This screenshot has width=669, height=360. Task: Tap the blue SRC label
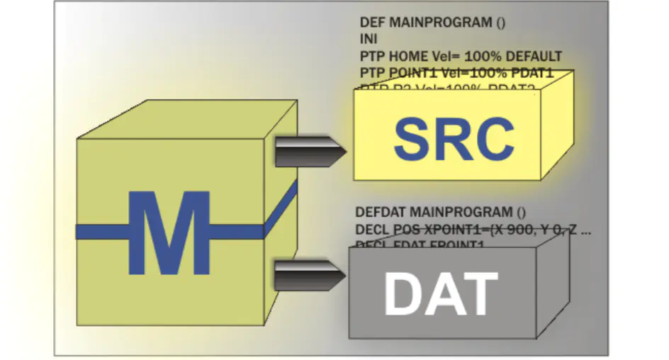point(454,137)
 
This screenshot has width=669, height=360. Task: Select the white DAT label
point(440,293)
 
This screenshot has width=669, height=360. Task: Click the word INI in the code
point(369,39)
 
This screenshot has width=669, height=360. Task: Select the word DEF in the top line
point(372,23)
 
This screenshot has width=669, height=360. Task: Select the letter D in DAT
point(401,293)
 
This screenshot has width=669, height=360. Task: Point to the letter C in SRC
point(494,137)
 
